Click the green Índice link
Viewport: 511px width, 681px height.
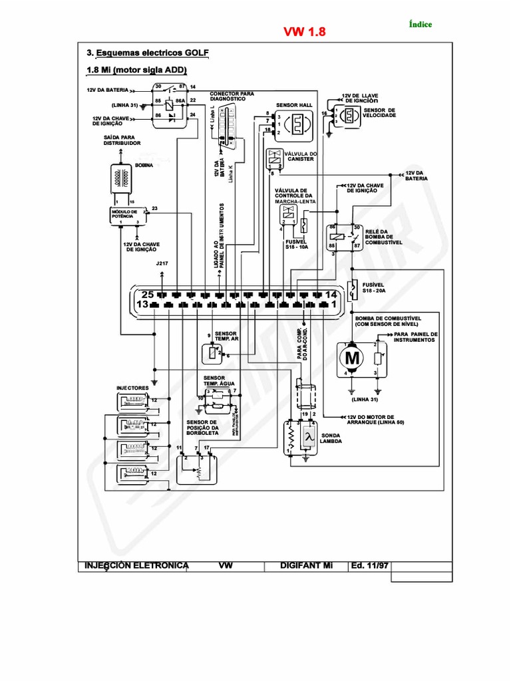tap(419, 25)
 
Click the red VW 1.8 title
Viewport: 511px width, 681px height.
tap(305, 33)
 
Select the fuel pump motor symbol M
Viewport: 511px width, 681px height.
tap(351, 358)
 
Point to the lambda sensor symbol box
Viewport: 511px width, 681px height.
tap(308, 437)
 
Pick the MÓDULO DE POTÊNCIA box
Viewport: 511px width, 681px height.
tap(125, 214)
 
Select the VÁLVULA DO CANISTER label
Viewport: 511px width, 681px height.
tap(301, 156)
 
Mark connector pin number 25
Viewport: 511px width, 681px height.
tap(148, 294)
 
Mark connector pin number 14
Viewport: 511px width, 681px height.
tap(331, 294)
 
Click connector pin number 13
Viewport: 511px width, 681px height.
tap(142, 305)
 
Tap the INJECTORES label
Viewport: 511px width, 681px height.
tap(132, 386)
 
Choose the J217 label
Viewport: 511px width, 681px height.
tap(162, 264)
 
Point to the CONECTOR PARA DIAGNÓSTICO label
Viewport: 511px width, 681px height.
tap(233, 96)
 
